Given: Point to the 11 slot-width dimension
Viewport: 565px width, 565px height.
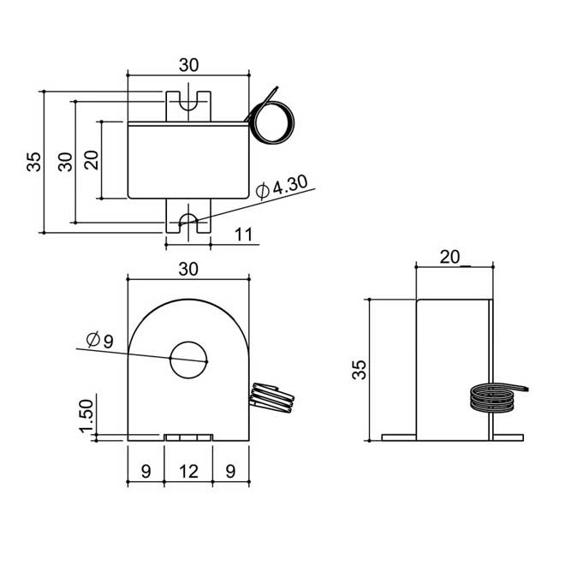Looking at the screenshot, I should pyautogui.click(x=242, y=235).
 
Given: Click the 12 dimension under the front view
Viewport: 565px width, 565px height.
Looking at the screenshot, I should pyautogui.click(x=188, y=471).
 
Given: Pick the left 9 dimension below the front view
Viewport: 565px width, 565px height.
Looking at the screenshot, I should pyautogui.click(x=146, y=471).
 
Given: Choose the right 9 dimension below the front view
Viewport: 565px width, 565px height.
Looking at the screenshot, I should pyautogui.click(x=231, y=471).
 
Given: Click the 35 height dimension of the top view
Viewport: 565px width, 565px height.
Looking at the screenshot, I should pyautogui.click(x=33, y=161).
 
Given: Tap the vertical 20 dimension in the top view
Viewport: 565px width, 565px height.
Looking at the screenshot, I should pyautogui.click(x=92, y=159).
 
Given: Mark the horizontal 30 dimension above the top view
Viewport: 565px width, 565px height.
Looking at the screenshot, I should pyautogui.click(x=188, y=65).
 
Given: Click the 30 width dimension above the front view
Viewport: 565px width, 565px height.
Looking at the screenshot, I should pyautogui.click(x=188, y=269).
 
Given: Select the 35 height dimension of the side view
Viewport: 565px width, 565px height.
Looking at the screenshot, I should pyautogui.click(x=360, y=369).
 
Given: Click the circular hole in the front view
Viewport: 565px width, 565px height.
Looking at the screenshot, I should pyautogui.click(x=188, y=360).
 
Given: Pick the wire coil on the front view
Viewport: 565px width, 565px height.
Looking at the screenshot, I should pyautogui.click(x=272, y=399).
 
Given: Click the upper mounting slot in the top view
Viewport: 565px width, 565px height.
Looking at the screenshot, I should pyautogui.click(x=188, y=104).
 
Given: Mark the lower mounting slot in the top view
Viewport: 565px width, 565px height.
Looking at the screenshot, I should pyautogui.click(x=188, y=220).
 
